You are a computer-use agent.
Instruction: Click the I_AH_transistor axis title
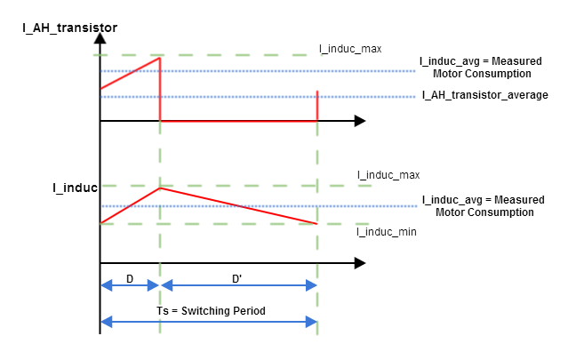[x=70, y=28]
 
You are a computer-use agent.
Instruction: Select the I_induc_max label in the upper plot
[x=350, y=48]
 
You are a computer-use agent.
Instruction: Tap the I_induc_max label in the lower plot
[x=388, y=175]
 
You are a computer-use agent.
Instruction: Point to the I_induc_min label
[x=386, y=231]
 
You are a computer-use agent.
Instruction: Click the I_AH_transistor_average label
[x=484, y=94]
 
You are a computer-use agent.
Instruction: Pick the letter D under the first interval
[x=130, y=278]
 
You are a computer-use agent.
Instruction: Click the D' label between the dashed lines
[x=237, y=278]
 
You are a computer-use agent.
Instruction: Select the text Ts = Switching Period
[x=209, y=310]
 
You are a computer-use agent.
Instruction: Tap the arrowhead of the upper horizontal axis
[x=359, y=120]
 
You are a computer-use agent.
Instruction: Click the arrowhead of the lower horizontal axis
[x=359, y=263]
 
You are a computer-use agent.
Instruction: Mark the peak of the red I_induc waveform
[x=159, y=188]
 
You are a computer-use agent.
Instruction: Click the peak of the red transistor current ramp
[x=159, y=59]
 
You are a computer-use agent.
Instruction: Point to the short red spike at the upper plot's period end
[x=318, y=105]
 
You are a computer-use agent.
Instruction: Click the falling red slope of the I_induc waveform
[x=238, y=205]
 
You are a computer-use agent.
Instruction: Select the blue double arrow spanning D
[x=130, y=285]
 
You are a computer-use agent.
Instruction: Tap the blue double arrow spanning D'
[x=238, y=285]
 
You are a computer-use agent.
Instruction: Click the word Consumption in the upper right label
[x=501, y=74]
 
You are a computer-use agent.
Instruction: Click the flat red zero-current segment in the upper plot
[x=238, y=120]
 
